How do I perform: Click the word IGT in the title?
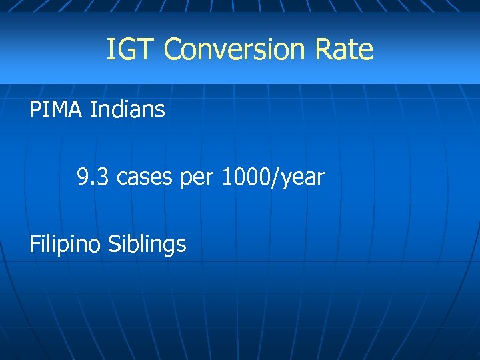click(x=131, y=50)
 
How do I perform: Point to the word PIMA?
click(x=56, y=109)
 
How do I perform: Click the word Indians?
click(x=127, y=109)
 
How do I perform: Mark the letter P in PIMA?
click(x=35, y=109)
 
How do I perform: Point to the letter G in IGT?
click(x=131, y=50)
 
